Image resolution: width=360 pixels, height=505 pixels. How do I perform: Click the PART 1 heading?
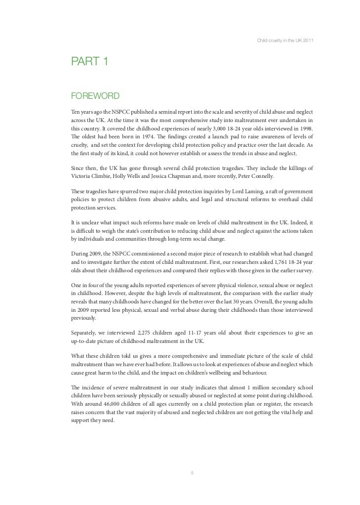tap(90, 62)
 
